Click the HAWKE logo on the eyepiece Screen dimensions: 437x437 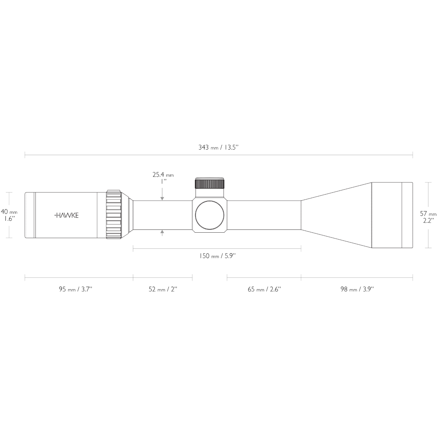tap(66, 215)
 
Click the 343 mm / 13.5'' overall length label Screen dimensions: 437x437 tap(218, 147)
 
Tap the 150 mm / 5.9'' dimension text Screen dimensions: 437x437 tap(217, 256)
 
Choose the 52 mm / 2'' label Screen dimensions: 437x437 tap(162, 289)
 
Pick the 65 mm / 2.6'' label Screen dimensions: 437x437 tap(264, 289)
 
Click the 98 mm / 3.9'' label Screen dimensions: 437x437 tap(357, 289)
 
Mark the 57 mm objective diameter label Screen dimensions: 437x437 tap(428, 217)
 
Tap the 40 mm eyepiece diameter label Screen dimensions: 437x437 tap(9, 215)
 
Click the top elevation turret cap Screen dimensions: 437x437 tap(210, 183)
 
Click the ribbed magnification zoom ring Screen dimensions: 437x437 tap(113, 215)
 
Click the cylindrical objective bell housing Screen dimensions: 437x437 tap(386, 215)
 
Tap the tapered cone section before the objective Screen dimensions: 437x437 tap(335, 215)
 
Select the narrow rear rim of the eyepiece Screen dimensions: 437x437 tap(29, 215)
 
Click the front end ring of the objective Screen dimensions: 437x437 tap(407, 215)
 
